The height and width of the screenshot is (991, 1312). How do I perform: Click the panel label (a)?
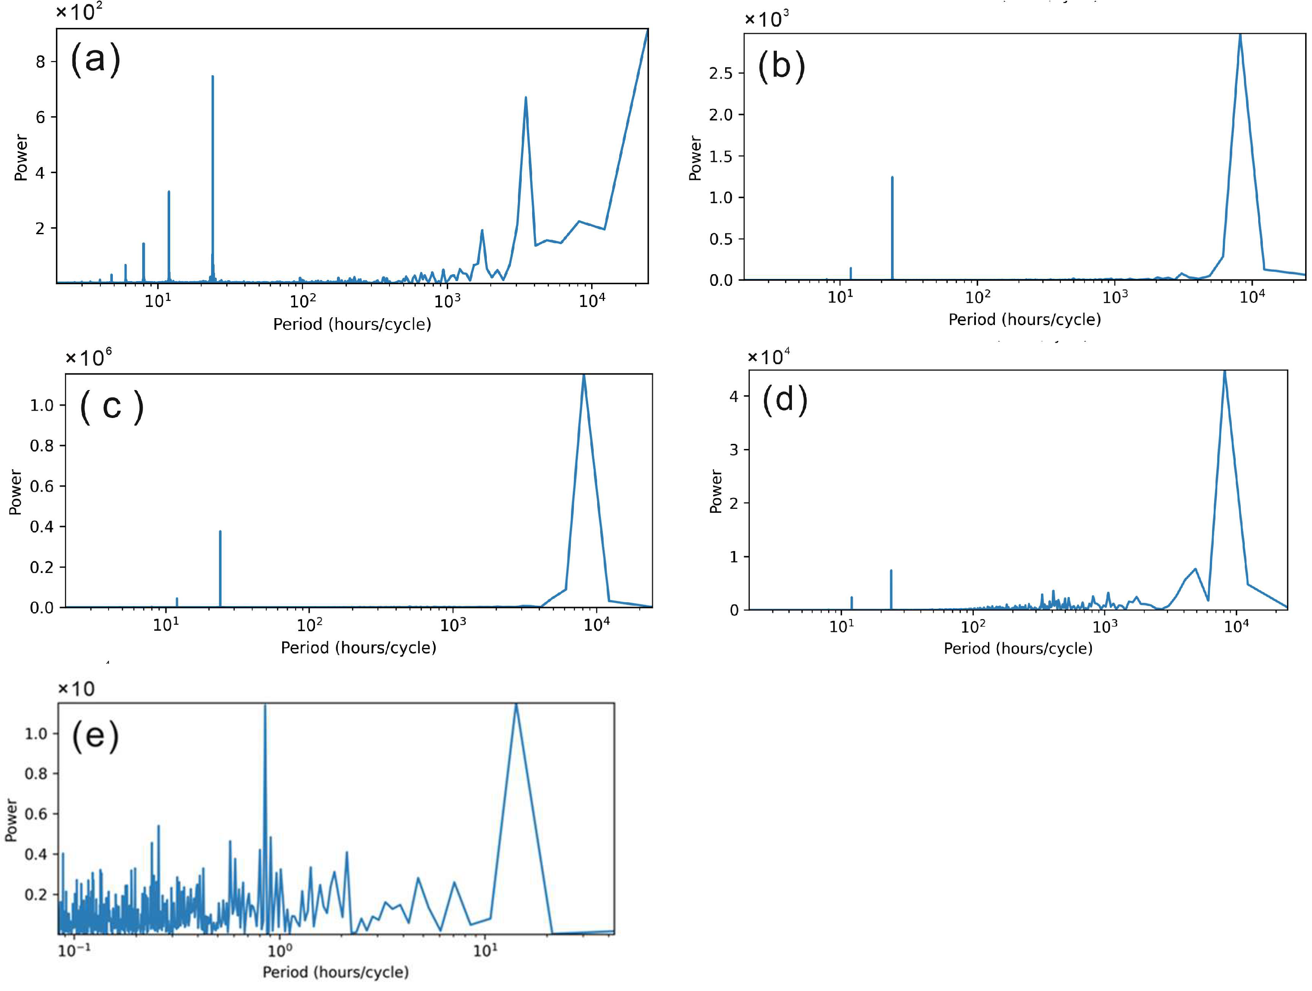pyautogui.click(x=96, y=59)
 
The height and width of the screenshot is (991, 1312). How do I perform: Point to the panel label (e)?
pyautogui.click(x=95, y=736)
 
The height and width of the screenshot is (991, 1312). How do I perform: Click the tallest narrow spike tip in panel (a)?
pyautogui.click(x=212, y=77)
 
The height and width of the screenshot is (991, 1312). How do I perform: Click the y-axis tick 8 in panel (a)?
pyautogui.click(x=41, y=62)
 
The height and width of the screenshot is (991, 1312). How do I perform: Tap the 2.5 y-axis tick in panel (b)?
pyautogui.click(x=721, y=74)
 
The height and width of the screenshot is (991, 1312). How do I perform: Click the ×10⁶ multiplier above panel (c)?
pyautogui.click(x=88, y=357)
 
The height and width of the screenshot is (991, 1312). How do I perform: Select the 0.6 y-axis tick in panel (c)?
pyautogui.click(x=41, y=486)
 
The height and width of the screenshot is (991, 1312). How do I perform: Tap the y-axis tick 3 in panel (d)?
pyautogui.click(x=734, y=450)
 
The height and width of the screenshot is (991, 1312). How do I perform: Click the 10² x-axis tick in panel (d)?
pyautogui.click(x=973, y=626)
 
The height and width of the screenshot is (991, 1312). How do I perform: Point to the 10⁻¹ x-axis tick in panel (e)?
pyautogui.click(x=74, y=951)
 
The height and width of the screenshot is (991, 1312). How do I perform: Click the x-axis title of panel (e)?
pyautogui.click(x=335, y=972)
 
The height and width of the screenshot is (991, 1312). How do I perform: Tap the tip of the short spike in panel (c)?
pyautogui.click(x=177, y=598)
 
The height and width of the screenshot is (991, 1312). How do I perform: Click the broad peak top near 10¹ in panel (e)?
pyautogui.click(x=516, y=705)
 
